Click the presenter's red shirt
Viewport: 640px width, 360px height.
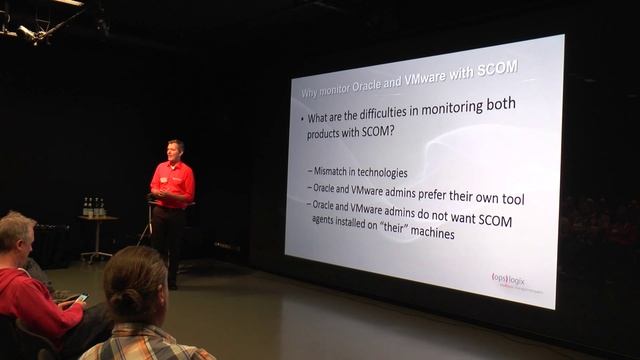[172, 183]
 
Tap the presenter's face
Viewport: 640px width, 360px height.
[175, 151]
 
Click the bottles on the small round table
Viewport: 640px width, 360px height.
[94, 207]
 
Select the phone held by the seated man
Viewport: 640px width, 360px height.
[81, 298]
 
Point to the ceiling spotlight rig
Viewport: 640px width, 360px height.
[40, 24]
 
